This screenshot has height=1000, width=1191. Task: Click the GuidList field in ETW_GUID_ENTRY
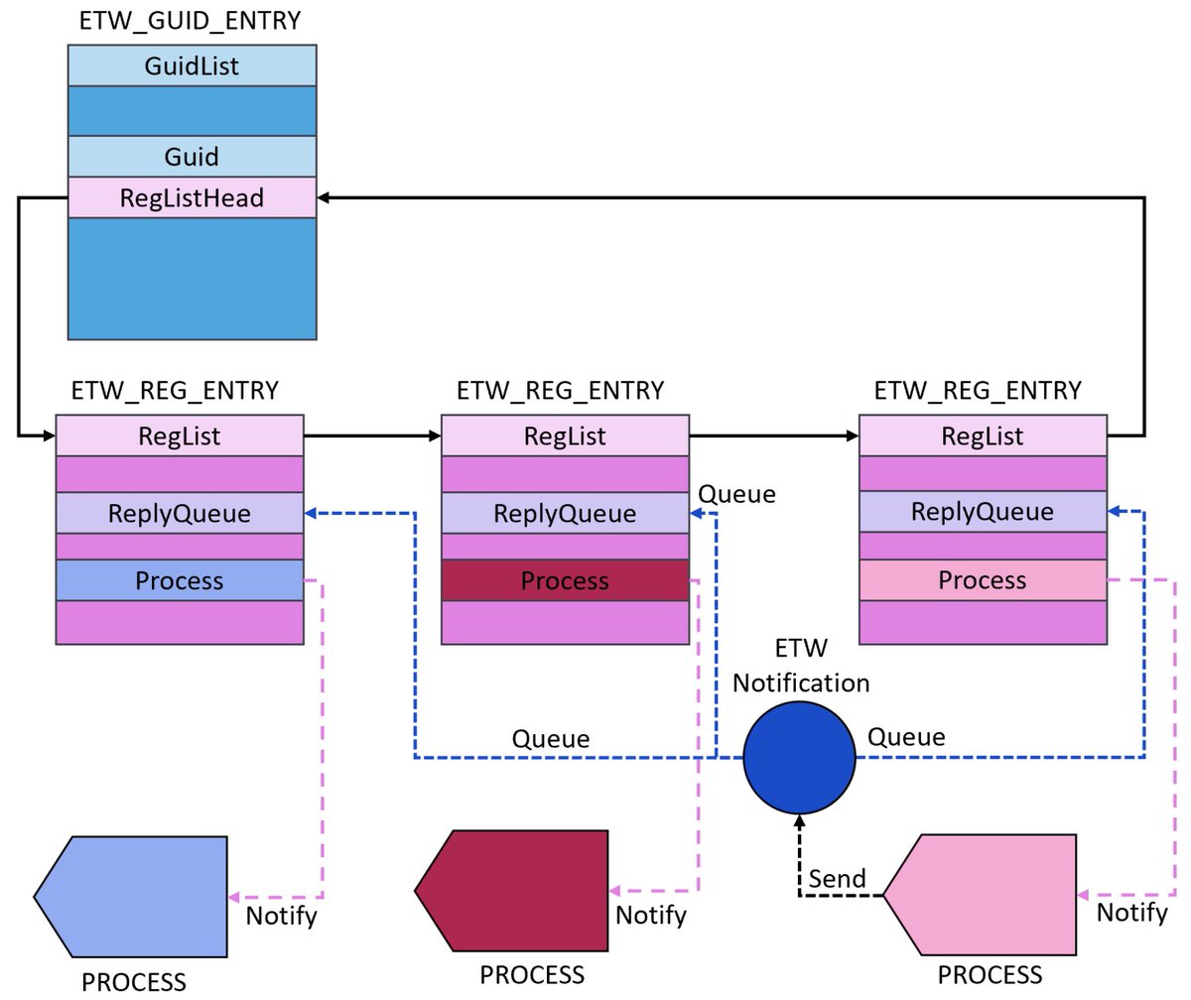pyautogui.click(x=192, y=66)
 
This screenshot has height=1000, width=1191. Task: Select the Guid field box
pyautogui.click(x=192, y=156)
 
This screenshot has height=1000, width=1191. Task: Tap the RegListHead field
pyautogui.click(x=192, y=197)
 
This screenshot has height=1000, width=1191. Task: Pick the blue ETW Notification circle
pyautogui.click(x=799, y=758)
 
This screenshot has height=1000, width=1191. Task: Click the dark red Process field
pyautogui.click(x=565, y=580)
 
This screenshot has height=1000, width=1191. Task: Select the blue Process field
pyautogui.click(x=179, y=580)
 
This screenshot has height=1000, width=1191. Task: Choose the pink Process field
pyautogui.click(x=982, y=580)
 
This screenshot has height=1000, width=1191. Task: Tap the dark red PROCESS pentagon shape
pyautogui.click(x=516, y=891)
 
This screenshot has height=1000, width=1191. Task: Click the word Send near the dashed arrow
pyautogui.click(x=837, y=878)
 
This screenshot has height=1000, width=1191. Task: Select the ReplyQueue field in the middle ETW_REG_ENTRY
pyautogui.click(x=565, y=514)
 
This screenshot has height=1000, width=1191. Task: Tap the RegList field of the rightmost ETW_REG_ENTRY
pyautogui.click(x=982, y=436)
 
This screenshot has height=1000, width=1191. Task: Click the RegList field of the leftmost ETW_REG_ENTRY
pyautogui.click(x=179, y=436)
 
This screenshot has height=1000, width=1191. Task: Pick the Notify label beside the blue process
pyautogui.click(x=281, y=915)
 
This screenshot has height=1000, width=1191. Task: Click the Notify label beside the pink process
pyautogui.click(x=1131, y=912)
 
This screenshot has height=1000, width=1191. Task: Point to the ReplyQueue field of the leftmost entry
pyautogui.click(x=179, y=514)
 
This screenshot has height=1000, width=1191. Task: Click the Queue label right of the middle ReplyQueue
pyautogui.click(x=736, y=494)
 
